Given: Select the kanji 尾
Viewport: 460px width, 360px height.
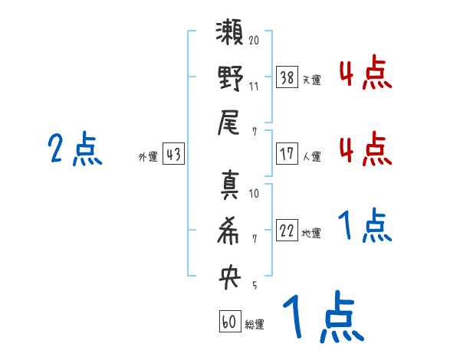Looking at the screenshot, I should coord(229,123).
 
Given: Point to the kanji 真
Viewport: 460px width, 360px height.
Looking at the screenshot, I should coord(229,186).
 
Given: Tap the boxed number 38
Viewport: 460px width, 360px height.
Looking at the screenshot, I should coord(287,77).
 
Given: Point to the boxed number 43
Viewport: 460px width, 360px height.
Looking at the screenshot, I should coord(172,155).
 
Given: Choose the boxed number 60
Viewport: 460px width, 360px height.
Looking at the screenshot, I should coord(229,322).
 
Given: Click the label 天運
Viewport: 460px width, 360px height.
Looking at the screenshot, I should coord(311,80).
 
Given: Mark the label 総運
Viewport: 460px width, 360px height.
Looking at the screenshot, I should coord(254,325).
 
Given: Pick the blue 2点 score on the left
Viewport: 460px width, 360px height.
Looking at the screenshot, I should coord(74,149).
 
